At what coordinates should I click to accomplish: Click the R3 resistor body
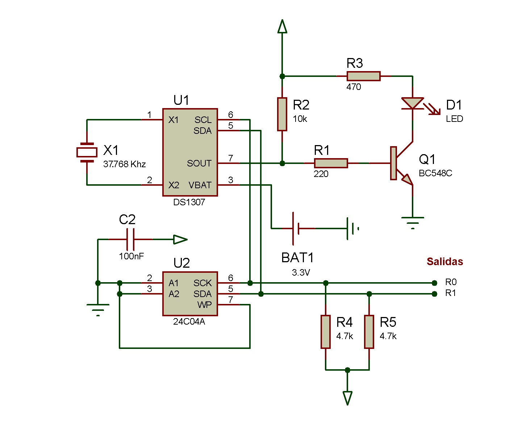tap(363, 76)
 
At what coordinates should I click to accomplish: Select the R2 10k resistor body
tap(282, 114)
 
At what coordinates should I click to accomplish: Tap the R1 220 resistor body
tap(331, 163)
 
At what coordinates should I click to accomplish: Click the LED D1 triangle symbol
tap(413, 103)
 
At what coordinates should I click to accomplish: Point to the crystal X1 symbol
tap(87, 152)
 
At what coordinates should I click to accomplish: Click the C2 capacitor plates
tap(131, 239)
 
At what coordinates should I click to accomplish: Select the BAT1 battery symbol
tap(296, 229)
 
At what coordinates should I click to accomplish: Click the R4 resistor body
tap(326, 332)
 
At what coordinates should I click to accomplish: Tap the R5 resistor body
tap(369, 332)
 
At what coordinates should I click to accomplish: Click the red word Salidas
tap(444, 262)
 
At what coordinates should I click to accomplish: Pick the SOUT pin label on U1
tap(199, 164)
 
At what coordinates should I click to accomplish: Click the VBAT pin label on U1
tap(200, 185)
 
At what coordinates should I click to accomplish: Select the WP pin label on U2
tap(204, 305)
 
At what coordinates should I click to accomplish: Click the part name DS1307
tap(189, 202)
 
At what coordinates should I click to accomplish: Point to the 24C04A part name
tap(189, 322)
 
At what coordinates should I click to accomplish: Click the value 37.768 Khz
tap(124, 164)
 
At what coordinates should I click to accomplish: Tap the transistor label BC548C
tap(435, 173)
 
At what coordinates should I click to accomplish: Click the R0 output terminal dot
tap(435, 283)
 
